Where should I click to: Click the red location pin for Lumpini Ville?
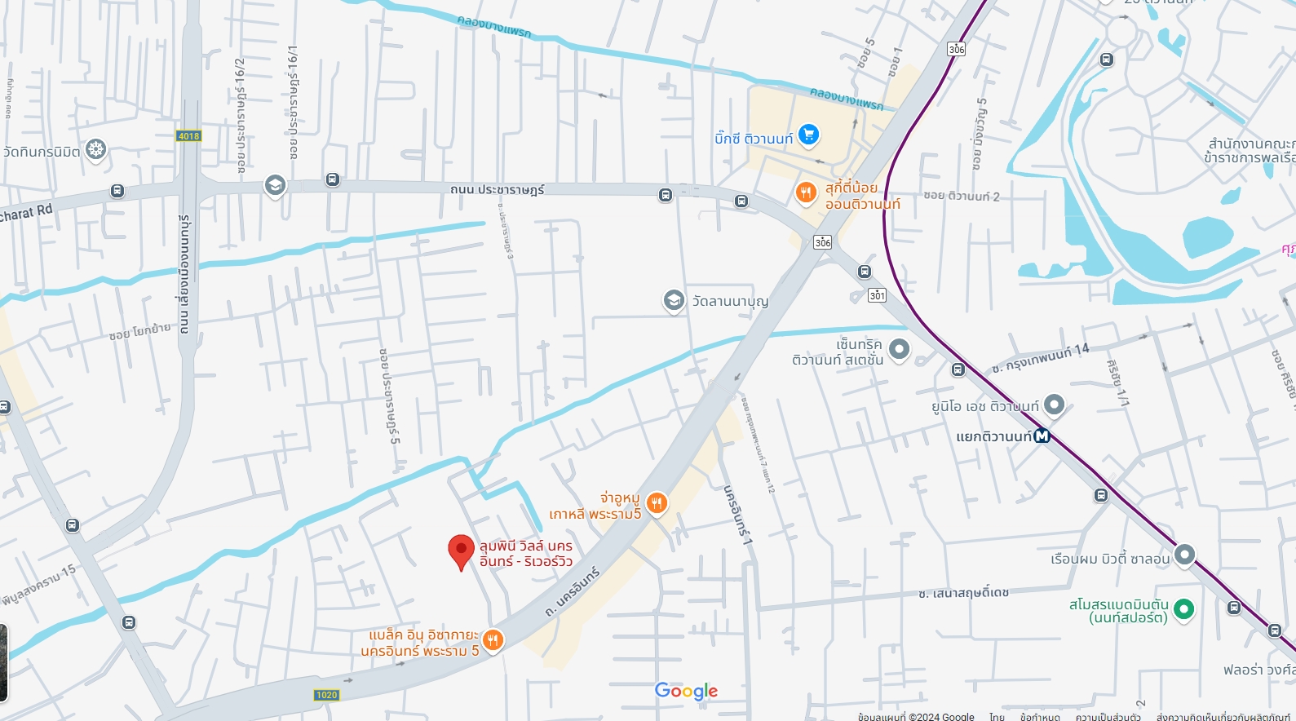coord(461,551)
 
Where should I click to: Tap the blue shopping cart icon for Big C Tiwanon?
coord(808,134)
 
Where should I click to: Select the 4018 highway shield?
coord(188,136)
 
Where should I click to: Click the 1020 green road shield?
coord(326,695)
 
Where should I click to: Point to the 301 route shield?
coord(877,295)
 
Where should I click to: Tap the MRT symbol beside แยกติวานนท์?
coord(1042,436)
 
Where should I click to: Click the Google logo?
coord(686,691)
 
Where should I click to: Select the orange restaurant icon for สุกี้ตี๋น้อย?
coord(806,192)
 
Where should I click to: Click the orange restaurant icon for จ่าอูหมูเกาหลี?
coord(657,503)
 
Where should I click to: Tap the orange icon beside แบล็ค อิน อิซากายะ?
coord(493,640)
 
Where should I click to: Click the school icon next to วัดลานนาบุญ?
coord(674,300)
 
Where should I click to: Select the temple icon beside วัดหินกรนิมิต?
coord(96,149)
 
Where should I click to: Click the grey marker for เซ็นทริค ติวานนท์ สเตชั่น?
coord(899,349)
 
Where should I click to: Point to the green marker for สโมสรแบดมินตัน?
coord(1183,608)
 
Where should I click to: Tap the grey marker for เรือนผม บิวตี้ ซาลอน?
coord(1184,555)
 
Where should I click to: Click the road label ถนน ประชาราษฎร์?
coord(497,189)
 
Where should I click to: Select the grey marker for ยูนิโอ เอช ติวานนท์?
coord(1054,404)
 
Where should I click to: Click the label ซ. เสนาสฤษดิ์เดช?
coord(963,592)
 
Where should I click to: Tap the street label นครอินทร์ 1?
coord(737,515)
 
